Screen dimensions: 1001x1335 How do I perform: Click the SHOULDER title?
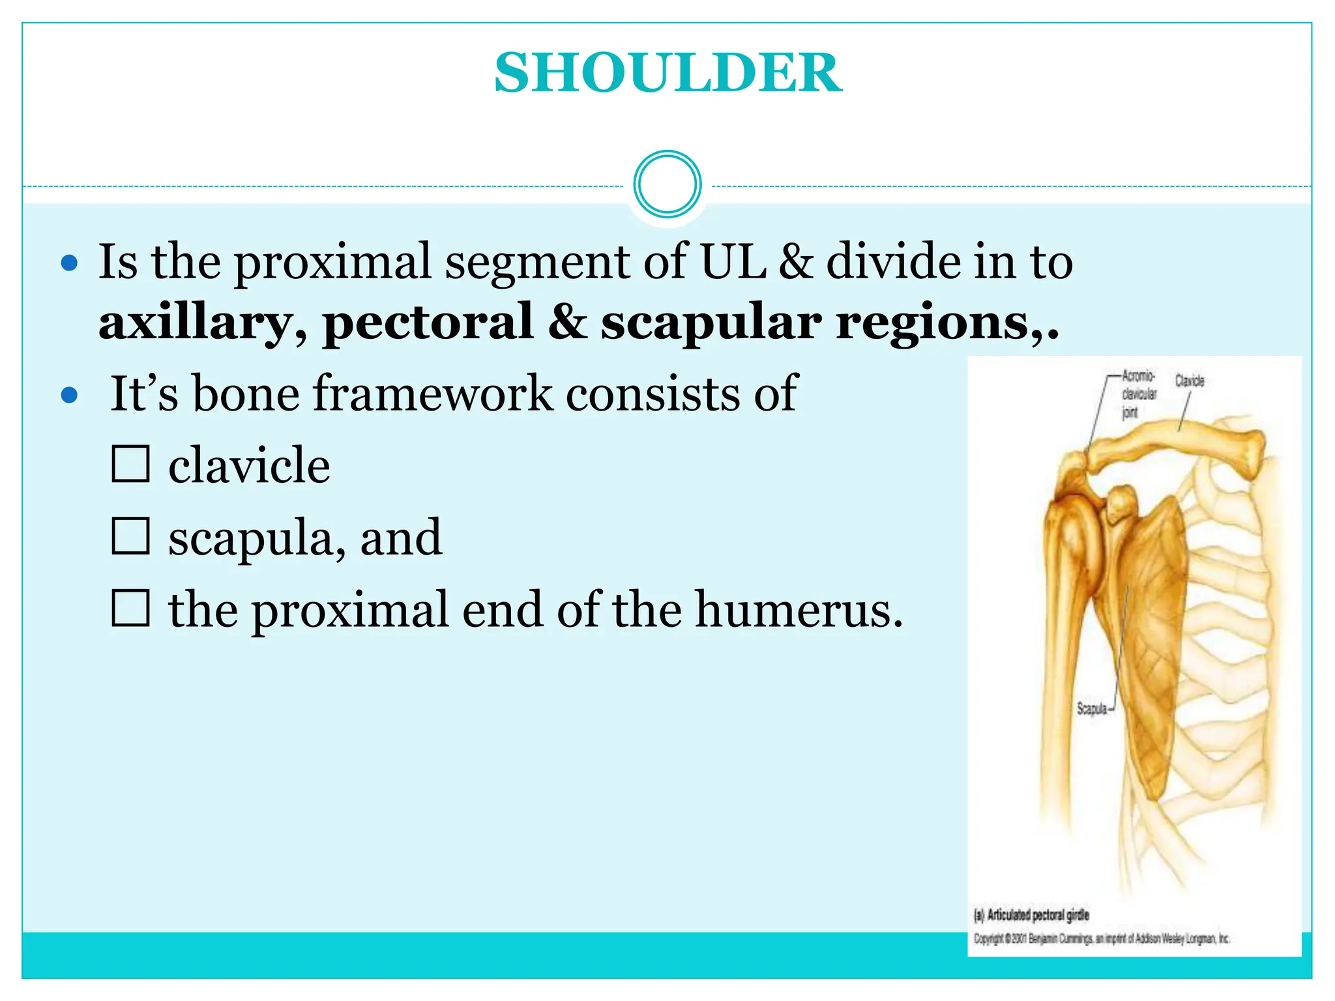tap(667, 73)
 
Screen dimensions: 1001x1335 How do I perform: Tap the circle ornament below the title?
tap(667, 184)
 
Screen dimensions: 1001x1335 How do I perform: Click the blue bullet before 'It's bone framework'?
tap(69, 395)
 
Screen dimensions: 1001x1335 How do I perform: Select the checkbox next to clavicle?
tap(130, 464)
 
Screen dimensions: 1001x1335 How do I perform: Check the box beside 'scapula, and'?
tap(130, 536)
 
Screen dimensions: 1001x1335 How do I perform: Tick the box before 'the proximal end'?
tap(130, 608)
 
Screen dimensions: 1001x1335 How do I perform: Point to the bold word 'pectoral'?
tap(428, 323)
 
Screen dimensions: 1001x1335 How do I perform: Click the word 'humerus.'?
tap(799, 610)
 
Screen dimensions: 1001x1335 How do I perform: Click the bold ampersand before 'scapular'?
tap(566, 322)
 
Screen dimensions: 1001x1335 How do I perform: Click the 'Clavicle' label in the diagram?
tap(1190, 381)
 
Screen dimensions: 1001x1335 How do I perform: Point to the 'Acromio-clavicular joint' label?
tap(1138, 394)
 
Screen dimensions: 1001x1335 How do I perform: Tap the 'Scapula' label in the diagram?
tap(1093, 708)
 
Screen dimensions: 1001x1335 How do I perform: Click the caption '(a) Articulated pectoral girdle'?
tap(1031, 915)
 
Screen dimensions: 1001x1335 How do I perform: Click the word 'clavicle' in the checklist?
tap(249, 466)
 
